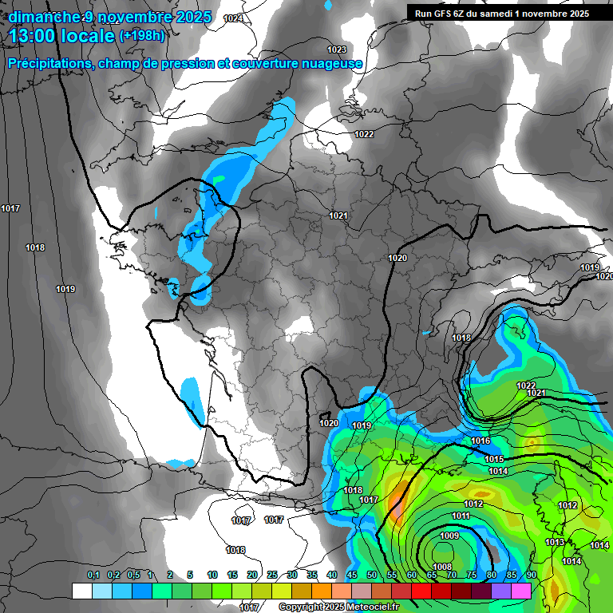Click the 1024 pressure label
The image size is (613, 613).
[x=234, y=18]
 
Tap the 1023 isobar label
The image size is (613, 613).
[x=338, y=49]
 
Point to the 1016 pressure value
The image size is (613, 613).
[x=481, y=441]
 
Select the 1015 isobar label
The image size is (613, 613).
[x=494, y=459]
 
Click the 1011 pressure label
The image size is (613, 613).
[x=461, y=516]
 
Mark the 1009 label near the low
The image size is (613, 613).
[x=449, y=536]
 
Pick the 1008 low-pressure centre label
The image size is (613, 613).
[x=441, y=567]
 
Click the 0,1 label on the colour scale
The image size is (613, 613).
[x=93, y=575]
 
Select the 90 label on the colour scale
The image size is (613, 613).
[x=531, y=575]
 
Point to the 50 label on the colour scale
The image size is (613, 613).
[x=372, y=575]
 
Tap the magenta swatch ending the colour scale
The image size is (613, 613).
[x=521, y=591]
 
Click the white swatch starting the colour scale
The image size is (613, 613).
[x=81, y=591]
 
